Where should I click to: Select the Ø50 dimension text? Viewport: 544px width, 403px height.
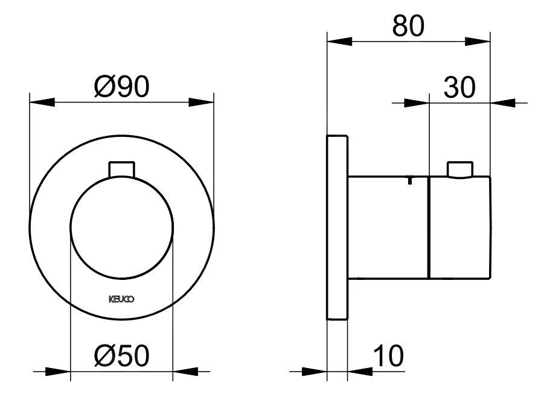pos(121,357)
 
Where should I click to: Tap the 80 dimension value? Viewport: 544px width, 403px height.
pos(409,26)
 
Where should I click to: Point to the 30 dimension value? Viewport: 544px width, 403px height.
pos(460,87)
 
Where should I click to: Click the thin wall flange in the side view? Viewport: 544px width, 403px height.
pos(336,227)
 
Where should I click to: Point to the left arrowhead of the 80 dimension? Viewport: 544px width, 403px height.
pos(338,42)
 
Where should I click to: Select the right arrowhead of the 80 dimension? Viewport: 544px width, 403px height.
pos(478,42)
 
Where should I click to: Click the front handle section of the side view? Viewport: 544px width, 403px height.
pos(459,228)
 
